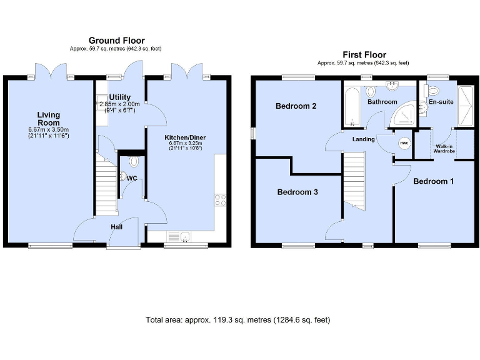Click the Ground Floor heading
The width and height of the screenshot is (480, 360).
pos(117,41)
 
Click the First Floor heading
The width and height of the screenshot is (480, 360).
pos(363,55)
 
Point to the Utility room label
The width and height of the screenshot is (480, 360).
pos(119,97)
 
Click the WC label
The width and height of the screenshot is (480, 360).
pos(132,178)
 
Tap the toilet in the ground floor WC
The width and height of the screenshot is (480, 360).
pos(133,162)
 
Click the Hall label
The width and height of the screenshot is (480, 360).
pos(117,227)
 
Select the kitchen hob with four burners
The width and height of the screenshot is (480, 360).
pos(221,201)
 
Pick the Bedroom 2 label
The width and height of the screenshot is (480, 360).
pos(296,106)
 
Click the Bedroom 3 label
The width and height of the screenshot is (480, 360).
pos(297,192)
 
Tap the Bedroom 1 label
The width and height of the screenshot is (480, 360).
pos(433,181)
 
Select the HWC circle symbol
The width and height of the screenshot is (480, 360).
pos(403,142)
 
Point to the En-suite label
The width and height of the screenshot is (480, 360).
pos(441,101)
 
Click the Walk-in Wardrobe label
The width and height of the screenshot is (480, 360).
pos(444,148)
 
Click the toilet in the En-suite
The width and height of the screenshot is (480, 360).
pos(434,91)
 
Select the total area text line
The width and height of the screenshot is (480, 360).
pos(237,319)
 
